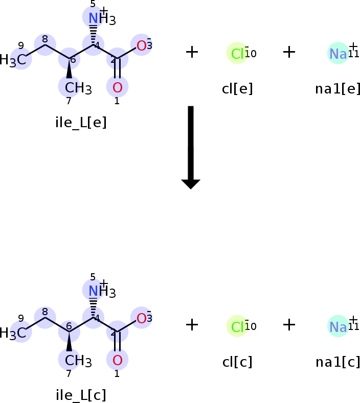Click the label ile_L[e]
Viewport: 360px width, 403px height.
(x=81, y=123)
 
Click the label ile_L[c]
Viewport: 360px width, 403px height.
(x=81, y=395)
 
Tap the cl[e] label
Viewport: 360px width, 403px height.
(x=237, y=89)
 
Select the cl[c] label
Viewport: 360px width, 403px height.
(x=237, y=362)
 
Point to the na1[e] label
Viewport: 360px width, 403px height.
(x=337, y=89)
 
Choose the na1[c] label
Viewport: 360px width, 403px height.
(x=337, y=362)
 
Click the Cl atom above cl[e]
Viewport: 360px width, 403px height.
(x=237, y=53)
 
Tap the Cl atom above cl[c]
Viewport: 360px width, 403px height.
(x=237, y=326)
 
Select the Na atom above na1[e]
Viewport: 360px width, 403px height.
(x=338, y=53)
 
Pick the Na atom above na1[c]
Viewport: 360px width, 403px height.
(x=338, y=326)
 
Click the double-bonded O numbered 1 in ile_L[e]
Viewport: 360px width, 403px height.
(x=117, y=86)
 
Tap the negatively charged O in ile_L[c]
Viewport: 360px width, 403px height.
(x=142, y=318)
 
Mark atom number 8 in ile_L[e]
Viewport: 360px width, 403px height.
(x=45, y=44)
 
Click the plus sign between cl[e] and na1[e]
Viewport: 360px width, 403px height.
(x=289, y=52)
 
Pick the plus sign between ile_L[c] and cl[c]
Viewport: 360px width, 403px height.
(x=192, y=324)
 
